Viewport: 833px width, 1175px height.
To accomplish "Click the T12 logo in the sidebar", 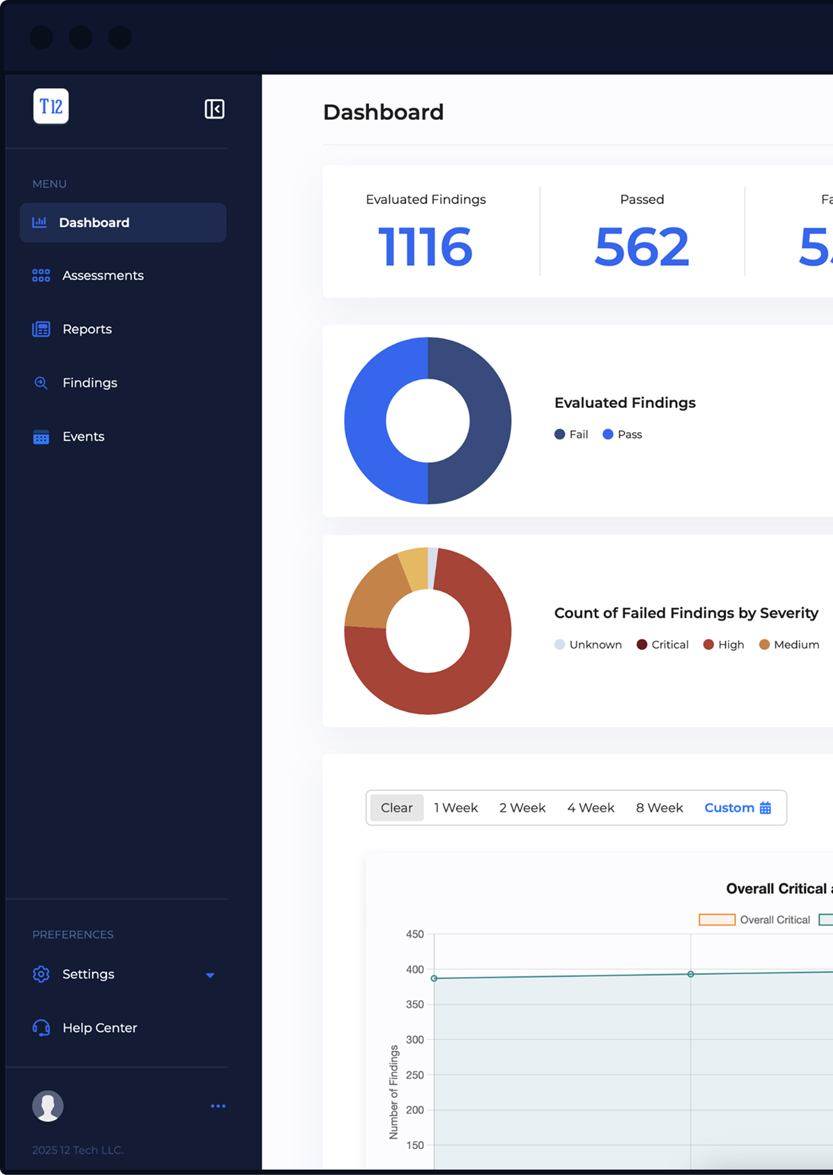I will pyautogui.click(x=51, y=106).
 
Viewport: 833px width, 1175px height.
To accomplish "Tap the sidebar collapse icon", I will pyautogui.click(x=214, y=109).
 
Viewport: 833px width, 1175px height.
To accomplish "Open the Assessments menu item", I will pyautogui.click(x=102, y=276).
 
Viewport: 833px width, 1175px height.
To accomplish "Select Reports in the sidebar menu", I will pyautogui.click(x=87, y=329).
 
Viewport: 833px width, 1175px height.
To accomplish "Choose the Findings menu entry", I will pyautogui.click(x=89, y=383).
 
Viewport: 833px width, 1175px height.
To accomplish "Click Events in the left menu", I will pyautogui.click(x=83, y=436).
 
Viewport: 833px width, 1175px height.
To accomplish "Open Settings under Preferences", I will pyautogui.click(x=88, y=974).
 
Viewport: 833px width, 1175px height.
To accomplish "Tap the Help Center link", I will pyautogui.click(x=100, y=1028).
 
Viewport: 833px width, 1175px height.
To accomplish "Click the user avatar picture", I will pyautogui.click(x=48, y=1106).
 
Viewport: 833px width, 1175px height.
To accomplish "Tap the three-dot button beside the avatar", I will pyautogui.click(x=218, y=1106).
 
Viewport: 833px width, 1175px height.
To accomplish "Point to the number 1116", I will pyautogui.click(x=425, y=247).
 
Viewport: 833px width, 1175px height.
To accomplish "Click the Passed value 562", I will pyautogui.click(x=641, y=247).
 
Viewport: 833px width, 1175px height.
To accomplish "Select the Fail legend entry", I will pyautogui.click(x=572, y=434).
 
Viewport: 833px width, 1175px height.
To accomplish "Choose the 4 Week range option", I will pyautogui.click(x=591, y=808).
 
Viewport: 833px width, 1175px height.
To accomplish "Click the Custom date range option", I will pyautogui.click(x=737, y=808).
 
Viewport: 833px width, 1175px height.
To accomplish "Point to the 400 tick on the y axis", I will pyautogui.click(x=414, y=970).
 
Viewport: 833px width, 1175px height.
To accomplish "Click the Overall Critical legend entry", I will pyautogui.click(x=754, y=920).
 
